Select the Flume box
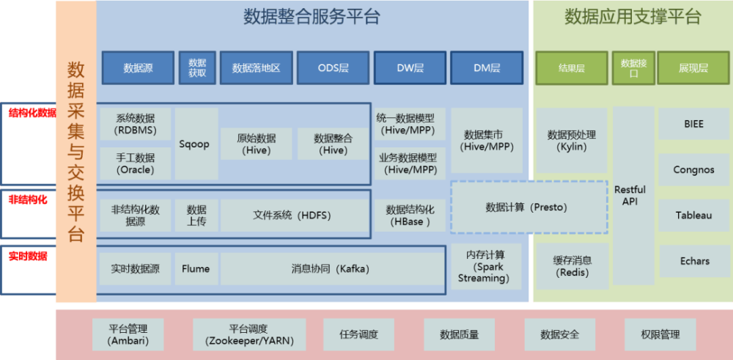tap(196, 269)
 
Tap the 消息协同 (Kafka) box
tap(333, 269)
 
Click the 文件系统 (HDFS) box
tap(293, 216)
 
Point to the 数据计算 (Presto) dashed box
tap(528, 207)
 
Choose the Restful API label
tap(631, 195)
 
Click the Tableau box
tap(693, 216)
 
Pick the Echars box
tap(693, 261)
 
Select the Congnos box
tap(693, 170)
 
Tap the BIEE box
tap(693, 125)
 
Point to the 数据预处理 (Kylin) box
tap(572, 141)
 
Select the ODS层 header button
tap(333, 68)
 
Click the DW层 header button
tap(410, 68)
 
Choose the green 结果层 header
tap(572, 68)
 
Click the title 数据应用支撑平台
tap(632, 17)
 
